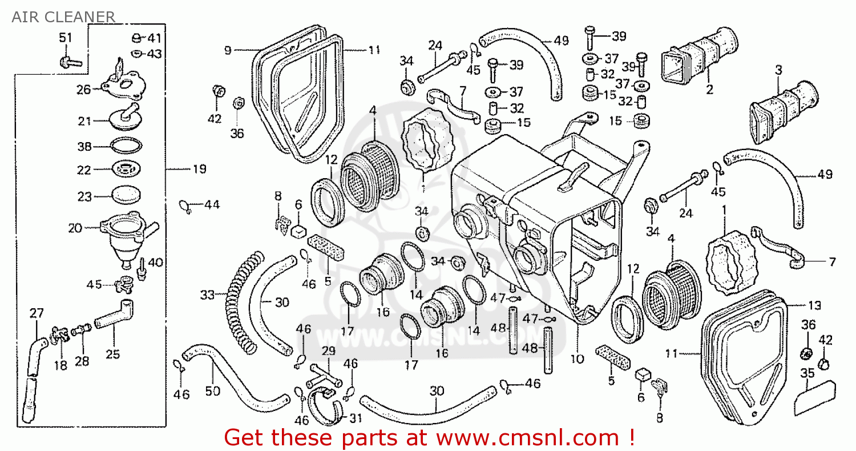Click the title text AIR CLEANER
[x=63, y=17]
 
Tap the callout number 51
[x=66, y=38]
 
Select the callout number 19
[x=199, y=170]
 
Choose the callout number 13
[x=815, y=305]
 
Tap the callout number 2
[x=709, y=90]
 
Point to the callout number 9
[x=227, y=50]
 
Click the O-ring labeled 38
[x=125, y=146]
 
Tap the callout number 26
[x=84, y=89]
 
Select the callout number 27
[x=37, y=313]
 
